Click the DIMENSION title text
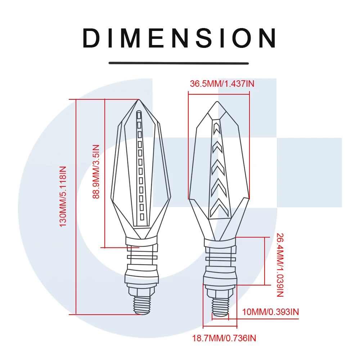[x=180, y=38]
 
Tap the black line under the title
[x=179, y=63]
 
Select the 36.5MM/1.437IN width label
[x=222, y=84]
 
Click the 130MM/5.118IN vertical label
[x=63, y=196]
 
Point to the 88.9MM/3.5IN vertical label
[x=96, y=172]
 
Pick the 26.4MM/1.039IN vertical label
[x=280, y=265]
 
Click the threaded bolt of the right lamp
[x=220, y=306]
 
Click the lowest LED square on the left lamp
[x=142, y=217]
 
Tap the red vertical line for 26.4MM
[x=265, y=261]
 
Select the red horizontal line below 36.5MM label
[x=219, y=92]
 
